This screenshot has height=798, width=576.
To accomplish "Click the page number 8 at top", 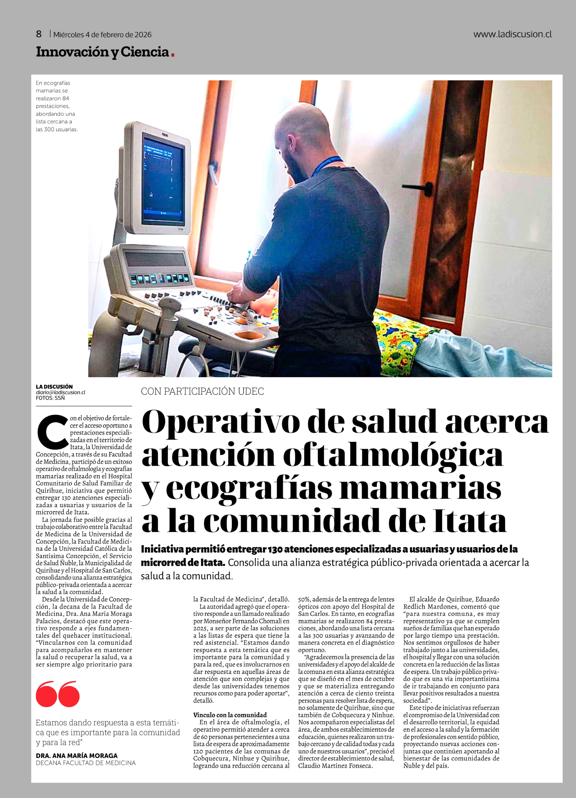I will point(39,34).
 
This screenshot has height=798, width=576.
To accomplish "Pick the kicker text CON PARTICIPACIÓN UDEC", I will point(202,391).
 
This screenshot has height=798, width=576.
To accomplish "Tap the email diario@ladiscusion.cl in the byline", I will point(60,392).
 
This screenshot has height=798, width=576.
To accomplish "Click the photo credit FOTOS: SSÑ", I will point(50,398).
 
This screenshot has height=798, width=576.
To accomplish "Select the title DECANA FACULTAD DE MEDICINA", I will point(85,763).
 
